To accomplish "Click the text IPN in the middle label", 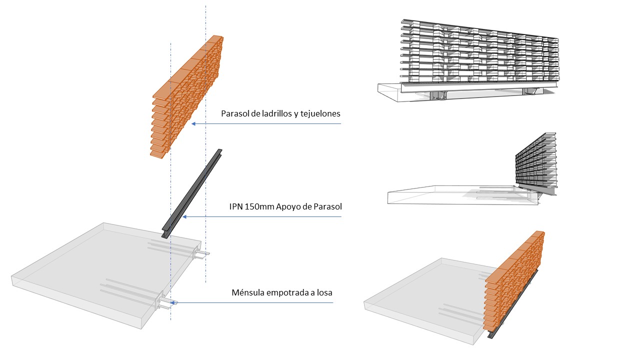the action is (236, 206).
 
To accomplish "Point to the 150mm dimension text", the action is (259, 206).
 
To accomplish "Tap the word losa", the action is (324, 292).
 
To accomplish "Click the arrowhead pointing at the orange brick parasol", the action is (193, 123).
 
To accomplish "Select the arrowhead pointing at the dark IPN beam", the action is (184, 217).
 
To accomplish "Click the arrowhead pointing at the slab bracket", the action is (172, 302).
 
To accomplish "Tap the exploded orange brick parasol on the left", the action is (186, 96).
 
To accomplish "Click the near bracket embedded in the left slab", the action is (165, 301).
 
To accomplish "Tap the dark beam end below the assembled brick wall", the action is (490, 335).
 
